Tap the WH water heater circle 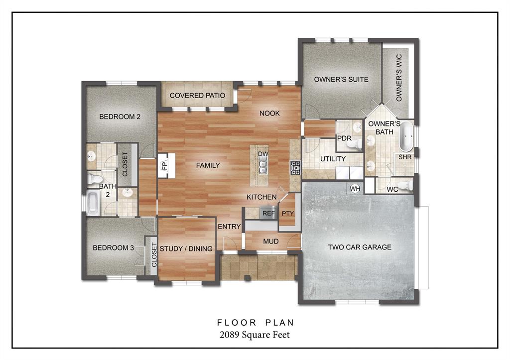355,189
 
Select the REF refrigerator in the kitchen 268,213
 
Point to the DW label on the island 263,154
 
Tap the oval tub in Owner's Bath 406,136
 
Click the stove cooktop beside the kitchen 295,167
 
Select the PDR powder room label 345,138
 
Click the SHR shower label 405,157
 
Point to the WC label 392,189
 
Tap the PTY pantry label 288,214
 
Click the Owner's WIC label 399,78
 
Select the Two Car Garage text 359,247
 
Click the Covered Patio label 197,95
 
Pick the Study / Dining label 187,248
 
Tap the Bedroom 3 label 113,247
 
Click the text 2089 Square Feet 255,335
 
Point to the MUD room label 270,241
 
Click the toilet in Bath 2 95,178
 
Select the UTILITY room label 333,159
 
